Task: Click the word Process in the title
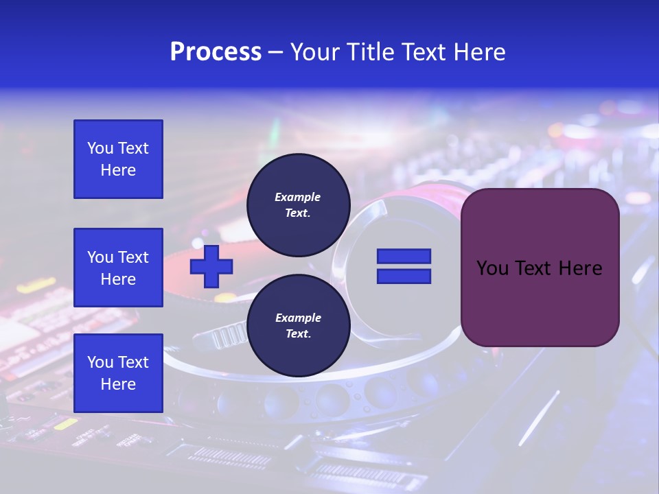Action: (216, 52)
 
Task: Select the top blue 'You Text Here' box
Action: (118, 159)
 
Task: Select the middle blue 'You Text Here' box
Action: (118, 268)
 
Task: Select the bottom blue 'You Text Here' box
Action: (118, 373)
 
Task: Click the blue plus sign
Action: (211, 266)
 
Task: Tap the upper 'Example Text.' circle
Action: (298, 204)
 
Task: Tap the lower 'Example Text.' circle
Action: (298, 325)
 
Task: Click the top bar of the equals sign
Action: (404, 256)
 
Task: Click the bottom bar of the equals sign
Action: (404, 277)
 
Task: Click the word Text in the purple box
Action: (537, 268)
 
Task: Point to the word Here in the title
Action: (479, 52)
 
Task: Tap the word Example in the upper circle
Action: (298, 197)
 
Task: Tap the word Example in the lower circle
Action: (298, 318)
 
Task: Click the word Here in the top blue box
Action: (118, 170)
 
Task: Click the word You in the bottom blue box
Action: (100, 362)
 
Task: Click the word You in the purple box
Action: (493, 268)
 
